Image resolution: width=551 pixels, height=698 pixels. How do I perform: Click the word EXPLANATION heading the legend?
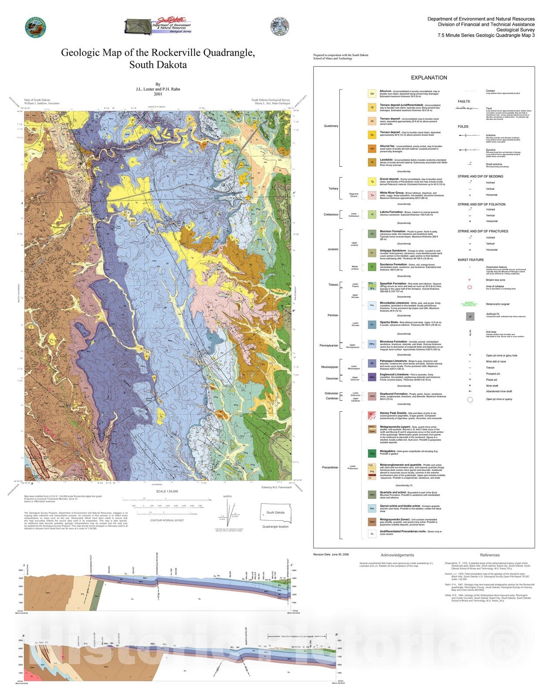click(429, 78)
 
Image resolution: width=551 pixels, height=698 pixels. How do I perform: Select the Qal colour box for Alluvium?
click(372, 93)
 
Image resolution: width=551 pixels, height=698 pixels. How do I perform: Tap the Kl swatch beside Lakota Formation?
click(372, 214)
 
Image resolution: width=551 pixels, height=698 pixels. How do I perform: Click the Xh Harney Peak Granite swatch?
click(372, 415)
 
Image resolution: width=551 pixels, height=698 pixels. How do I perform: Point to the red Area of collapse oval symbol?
click(470, 287)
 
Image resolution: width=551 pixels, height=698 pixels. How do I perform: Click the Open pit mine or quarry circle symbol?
click(470, 399)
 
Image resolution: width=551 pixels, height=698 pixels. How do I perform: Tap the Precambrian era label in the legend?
click(330, 467)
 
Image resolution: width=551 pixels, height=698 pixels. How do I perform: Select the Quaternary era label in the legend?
click(331, 126)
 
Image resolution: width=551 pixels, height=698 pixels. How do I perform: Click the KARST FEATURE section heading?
click(470, 260)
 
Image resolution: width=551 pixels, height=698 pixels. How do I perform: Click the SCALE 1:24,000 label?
click(167, 491)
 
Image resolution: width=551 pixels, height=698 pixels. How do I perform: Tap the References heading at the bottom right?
click(490, 555)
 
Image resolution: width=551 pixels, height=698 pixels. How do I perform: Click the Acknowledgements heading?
click(397, 555)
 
